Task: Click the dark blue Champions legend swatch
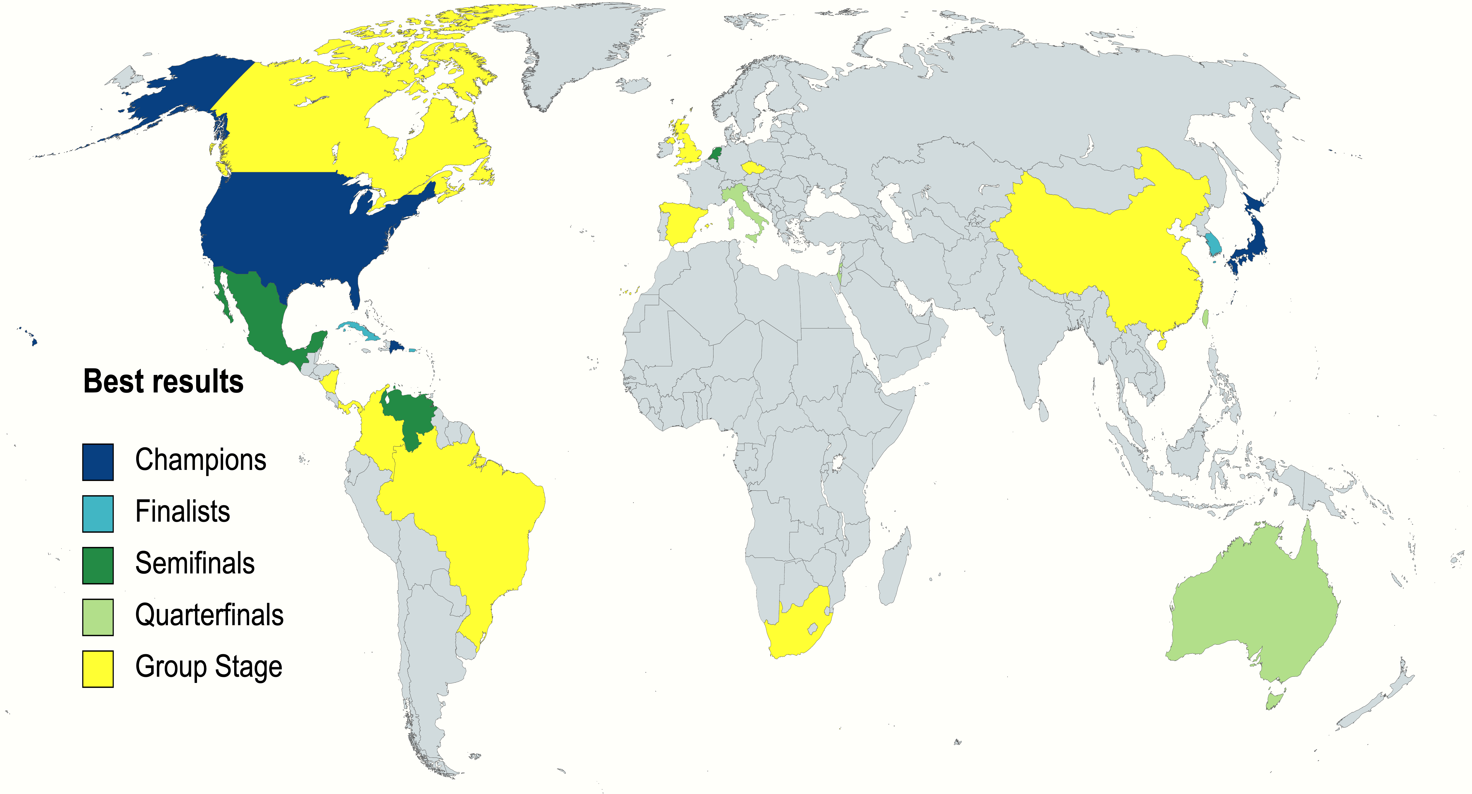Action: pos(98,462)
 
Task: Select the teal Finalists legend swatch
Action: pos(98,513)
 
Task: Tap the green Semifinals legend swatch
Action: pos(98,565)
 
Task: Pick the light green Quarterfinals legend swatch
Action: pos(98,617)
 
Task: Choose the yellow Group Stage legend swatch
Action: pos(98,668)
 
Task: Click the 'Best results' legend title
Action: pos(163,381)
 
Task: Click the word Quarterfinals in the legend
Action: pos(209,615)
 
